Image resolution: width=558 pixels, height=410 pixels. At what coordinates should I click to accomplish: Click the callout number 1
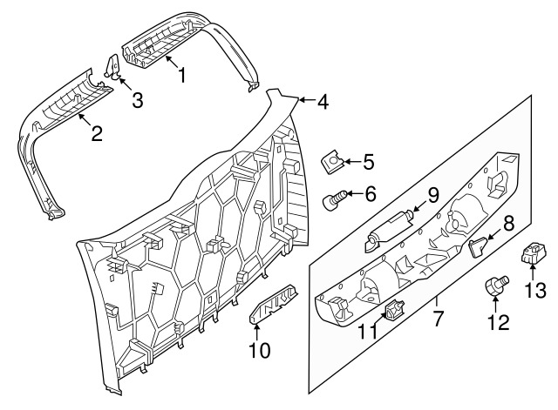[x=182, y=76]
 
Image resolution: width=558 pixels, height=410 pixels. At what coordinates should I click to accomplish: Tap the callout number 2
[x=96, y=133]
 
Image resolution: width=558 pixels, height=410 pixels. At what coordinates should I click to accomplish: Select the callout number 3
[x=137, y=100]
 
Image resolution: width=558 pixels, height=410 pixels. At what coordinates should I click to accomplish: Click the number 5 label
[x=368, y=161]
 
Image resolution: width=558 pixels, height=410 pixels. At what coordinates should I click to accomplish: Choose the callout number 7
[x=437, y=310]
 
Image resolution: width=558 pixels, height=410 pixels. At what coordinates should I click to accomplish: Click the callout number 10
[x=259, y=351]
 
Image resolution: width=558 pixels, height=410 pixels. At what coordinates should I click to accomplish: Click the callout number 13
[x=536, y=290]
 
